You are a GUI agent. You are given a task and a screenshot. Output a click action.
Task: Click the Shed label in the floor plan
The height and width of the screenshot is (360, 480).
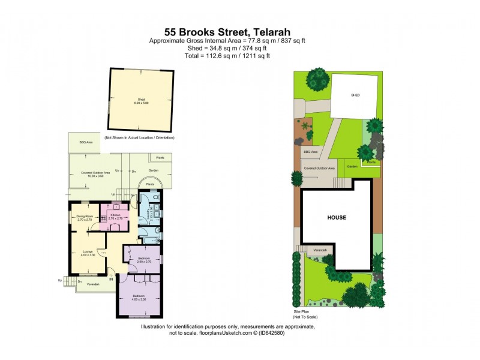141,100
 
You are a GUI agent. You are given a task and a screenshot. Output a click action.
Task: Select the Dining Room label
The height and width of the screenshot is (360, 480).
84,218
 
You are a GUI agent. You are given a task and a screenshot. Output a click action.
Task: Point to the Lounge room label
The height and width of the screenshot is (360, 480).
88,253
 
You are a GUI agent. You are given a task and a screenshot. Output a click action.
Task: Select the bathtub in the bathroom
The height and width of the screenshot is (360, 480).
149,240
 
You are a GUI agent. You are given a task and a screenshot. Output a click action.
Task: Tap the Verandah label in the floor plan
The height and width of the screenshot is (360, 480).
92,284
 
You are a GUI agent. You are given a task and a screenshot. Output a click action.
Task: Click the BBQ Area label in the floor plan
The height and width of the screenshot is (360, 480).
86,143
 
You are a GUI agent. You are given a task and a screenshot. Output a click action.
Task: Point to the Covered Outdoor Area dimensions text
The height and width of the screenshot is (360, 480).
93,176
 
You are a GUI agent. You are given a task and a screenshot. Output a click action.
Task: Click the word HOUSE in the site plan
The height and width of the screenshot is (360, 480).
337,217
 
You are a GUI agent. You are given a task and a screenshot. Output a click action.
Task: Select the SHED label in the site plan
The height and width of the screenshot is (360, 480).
355,95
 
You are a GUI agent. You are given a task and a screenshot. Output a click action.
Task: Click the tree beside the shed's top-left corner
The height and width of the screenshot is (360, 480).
317,79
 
